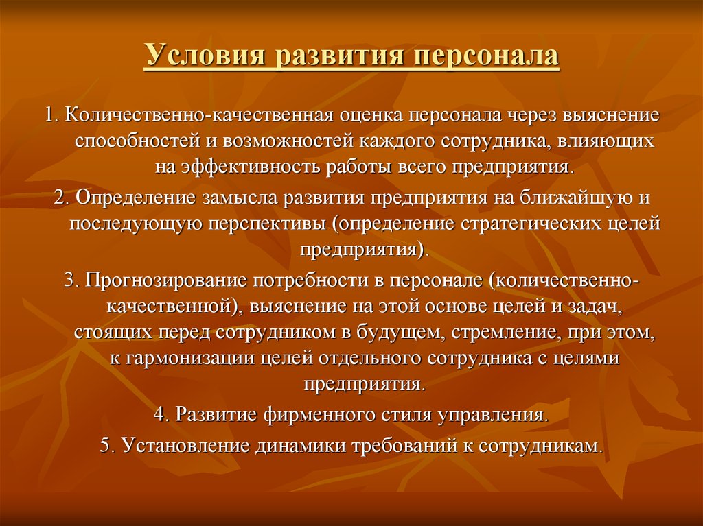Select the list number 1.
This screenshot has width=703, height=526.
[52, 115]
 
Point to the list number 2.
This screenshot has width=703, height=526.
[62, 197]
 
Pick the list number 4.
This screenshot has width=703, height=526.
[161, 414]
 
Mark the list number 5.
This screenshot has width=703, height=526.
[108, 446]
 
